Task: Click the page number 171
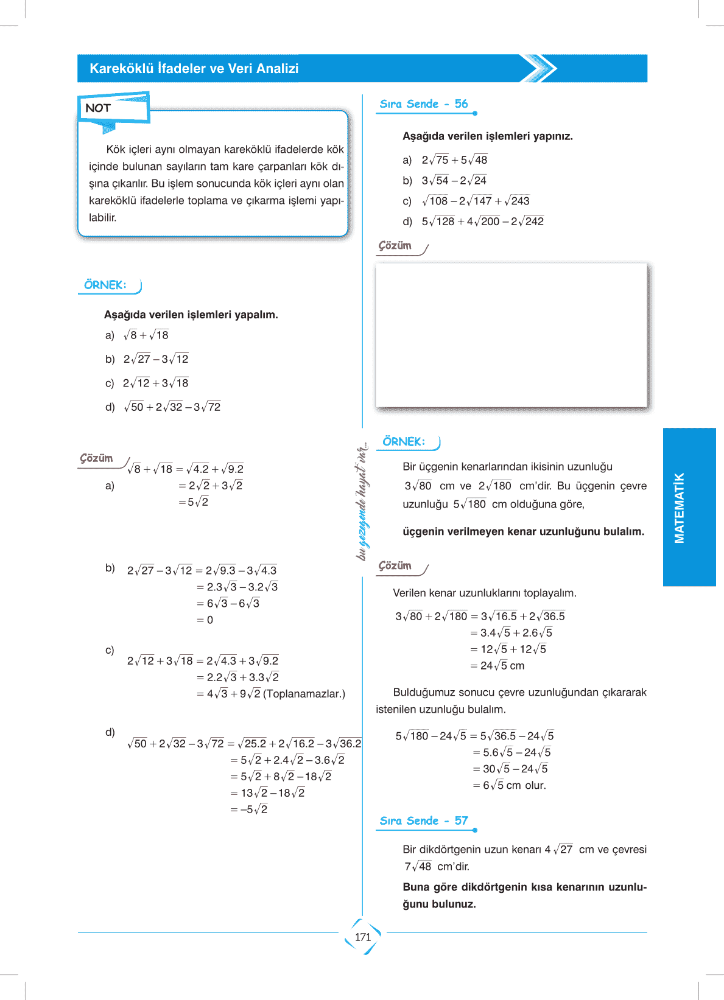pyautogui.click(x=363, y=937)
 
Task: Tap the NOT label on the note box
pyautogui.click(x=98, y=108)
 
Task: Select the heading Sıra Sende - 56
pyautogui.click(x=424, y=104)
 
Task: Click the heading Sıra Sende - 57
pyautogui.click(x=424, y=821)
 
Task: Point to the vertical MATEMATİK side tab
pyautogui.click(x=680, y=508)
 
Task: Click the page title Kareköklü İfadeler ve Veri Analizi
pyautogui.click(x=194, y=69)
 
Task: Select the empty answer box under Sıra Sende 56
pyautogui.click(x=511, y=335)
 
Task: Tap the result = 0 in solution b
pyautogui.click(x=205, y=620)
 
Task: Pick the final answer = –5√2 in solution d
pyautogui.click(x=249, y=809)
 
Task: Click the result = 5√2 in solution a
pyautogui.click(x=194, y=502)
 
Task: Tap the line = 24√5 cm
pyautogui.click(x=497, y=666)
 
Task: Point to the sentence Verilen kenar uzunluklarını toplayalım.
pyautogui.click(x=485, y=593)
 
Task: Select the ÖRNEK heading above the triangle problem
pyautogui.click(x=404, y=442)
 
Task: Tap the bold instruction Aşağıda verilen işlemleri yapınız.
pyautogui.click(x=488, y=136)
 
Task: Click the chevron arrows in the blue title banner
pyautogui.click(x=538, y=69)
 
